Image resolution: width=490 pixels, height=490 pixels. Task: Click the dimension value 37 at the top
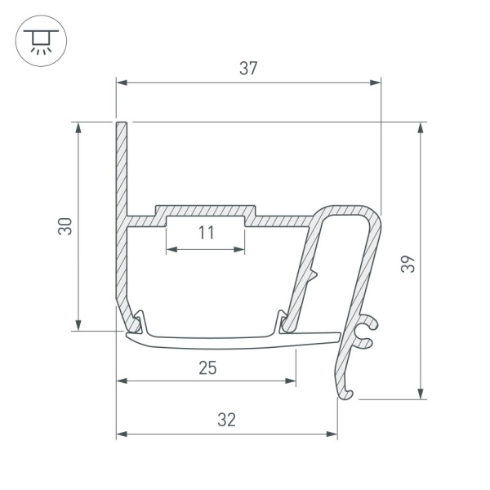click(x=248, y=69)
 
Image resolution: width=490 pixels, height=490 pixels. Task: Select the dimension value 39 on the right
click(x=409, y=263)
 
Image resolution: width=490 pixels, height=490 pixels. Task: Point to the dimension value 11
click(x=206, y=234)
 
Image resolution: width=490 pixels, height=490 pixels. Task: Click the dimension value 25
click(x=207, y=367)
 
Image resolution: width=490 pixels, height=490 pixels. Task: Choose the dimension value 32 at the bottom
click(x=227, y=420)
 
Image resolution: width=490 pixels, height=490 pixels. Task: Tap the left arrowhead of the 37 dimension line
click(x=121, y=82)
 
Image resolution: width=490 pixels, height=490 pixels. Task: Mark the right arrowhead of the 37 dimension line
click(x=376, y=82)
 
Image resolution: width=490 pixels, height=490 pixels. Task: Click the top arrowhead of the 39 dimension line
click(x=421, y=127)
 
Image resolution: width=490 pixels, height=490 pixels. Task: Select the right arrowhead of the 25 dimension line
click(x=291, y=381)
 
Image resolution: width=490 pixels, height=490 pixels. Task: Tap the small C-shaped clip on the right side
click(x=367, y=330)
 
